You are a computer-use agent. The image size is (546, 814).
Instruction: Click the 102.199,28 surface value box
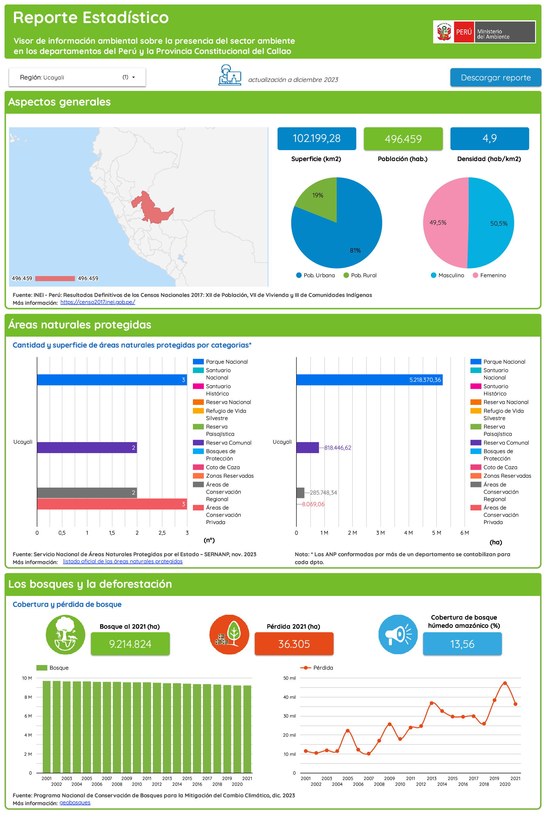point(316,139)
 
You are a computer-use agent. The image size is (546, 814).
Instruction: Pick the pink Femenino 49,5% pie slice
point(444,223)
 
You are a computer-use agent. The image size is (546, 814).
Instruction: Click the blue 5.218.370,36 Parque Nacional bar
point(369,380)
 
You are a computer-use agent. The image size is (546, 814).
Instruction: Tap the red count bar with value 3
point(111,504)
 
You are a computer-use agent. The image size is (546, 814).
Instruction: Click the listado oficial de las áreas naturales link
point(123,562)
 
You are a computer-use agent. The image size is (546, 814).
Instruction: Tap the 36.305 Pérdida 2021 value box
point(294,644)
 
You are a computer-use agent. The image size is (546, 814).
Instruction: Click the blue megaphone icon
point(398,634)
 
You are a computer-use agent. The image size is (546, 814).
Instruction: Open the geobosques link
point(75,802)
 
